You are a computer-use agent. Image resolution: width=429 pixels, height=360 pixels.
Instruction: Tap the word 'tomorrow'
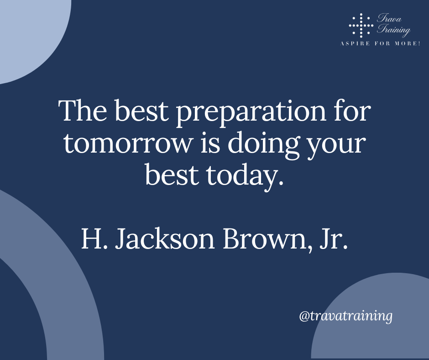pyautogui.click(x=128, y=143)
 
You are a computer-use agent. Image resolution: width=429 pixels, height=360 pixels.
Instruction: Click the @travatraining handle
pyautogui.click(x=346, y=316)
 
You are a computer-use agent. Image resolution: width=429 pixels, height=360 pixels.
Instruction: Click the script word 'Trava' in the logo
pyautogui.click(x=389, y=18)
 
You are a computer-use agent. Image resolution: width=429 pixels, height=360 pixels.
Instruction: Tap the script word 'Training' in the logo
pyautogui.click(x=394, y=29)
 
